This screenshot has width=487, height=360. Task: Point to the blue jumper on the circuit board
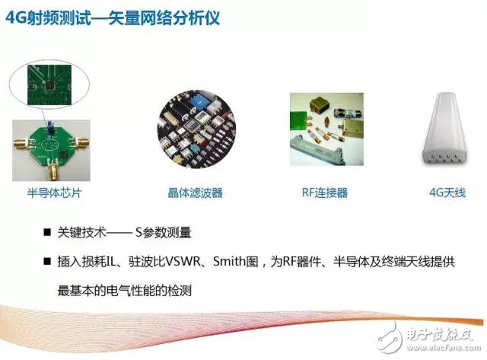pos(46,121)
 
